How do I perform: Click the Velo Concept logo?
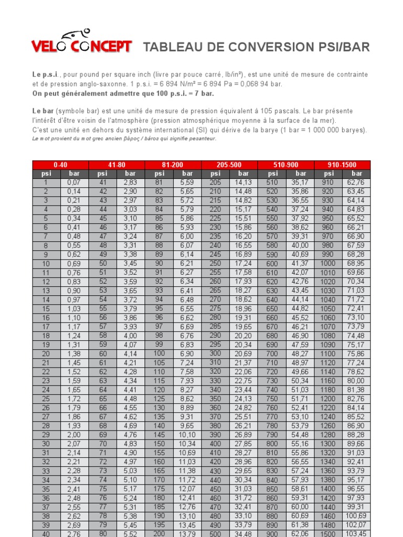[x=81, y=44]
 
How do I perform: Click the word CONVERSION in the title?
[x=264, y=47]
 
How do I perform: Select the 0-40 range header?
[x=60, y=165]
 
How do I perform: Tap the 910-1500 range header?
[x=342, y=165]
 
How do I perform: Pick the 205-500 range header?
[x=229, y=165]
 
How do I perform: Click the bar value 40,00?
[x=301, y=245]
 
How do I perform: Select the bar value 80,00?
[x=357, y=381]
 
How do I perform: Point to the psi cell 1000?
[x=328, y=263]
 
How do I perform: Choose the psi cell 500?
[x=215, y=533]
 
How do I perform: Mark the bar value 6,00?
[x=187, y=236]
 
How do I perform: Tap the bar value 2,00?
[x=74, y=435]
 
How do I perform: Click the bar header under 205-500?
[x=243, y=174]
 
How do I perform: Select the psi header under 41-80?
[x=102, y=174]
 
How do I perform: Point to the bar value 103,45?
[x=357, y=533]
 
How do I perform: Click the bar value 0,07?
[x=74, y=182]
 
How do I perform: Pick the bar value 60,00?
[x=301, y=507]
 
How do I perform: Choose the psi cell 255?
[x=215, y=272]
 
